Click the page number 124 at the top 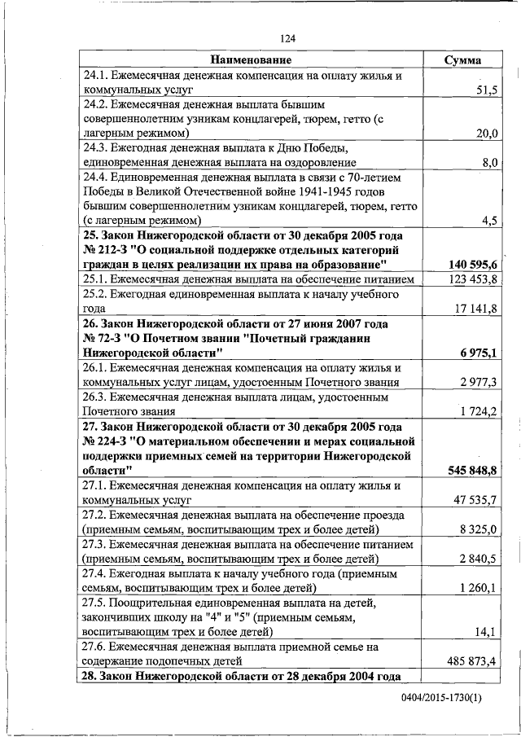(x=287, y=38)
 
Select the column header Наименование (x=251, y=60)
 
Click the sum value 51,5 (x=486, y=90)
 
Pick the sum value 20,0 (x=486, y=133)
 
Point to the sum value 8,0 (x=489, y=162)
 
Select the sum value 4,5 (x=489, y=221)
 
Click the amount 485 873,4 (x=473, y=660)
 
